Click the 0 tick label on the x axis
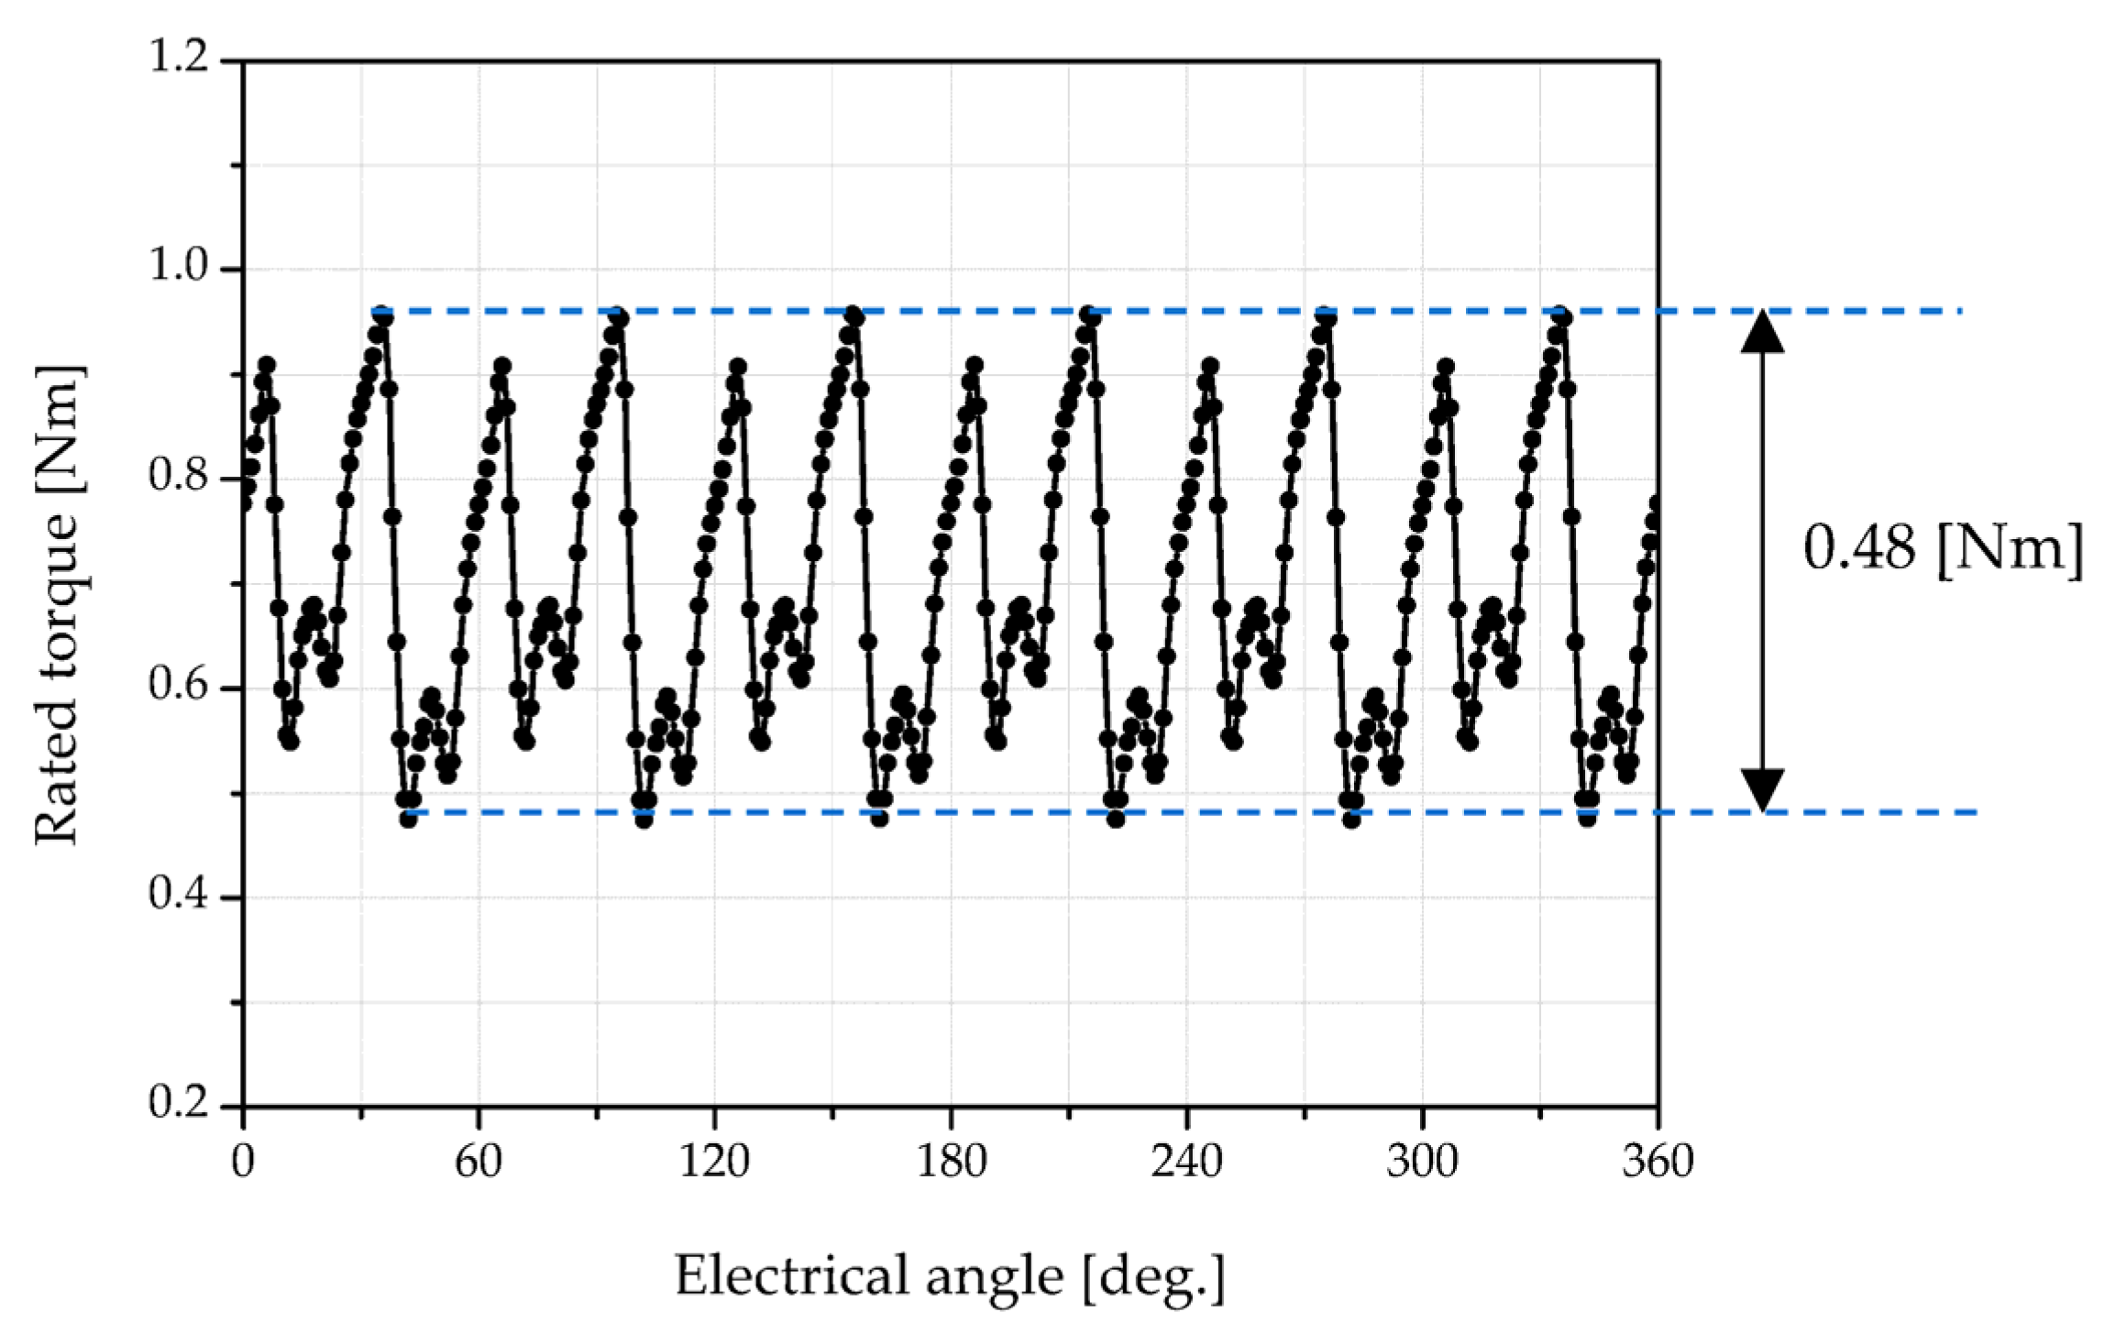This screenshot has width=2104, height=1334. tap(243, 1163)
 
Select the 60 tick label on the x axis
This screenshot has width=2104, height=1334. tap(479, 1163)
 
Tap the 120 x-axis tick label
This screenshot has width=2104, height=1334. tap(714, 1163)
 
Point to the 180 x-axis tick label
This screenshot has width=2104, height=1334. tap(951, 1163)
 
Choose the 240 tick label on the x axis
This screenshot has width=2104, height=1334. tap(1186, 1163)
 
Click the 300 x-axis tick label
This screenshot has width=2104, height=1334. tap(1422, 1163)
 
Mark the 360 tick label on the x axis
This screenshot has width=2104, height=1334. tap(1658, 1163)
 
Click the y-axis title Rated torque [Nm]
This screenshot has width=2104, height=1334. tap(58, 605)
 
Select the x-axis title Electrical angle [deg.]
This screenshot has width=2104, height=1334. tap(950, 1276)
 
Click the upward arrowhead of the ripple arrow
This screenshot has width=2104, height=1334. tap(1762, 332)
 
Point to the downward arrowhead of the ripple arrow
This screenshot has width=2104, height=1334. tap(1762, 790)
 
